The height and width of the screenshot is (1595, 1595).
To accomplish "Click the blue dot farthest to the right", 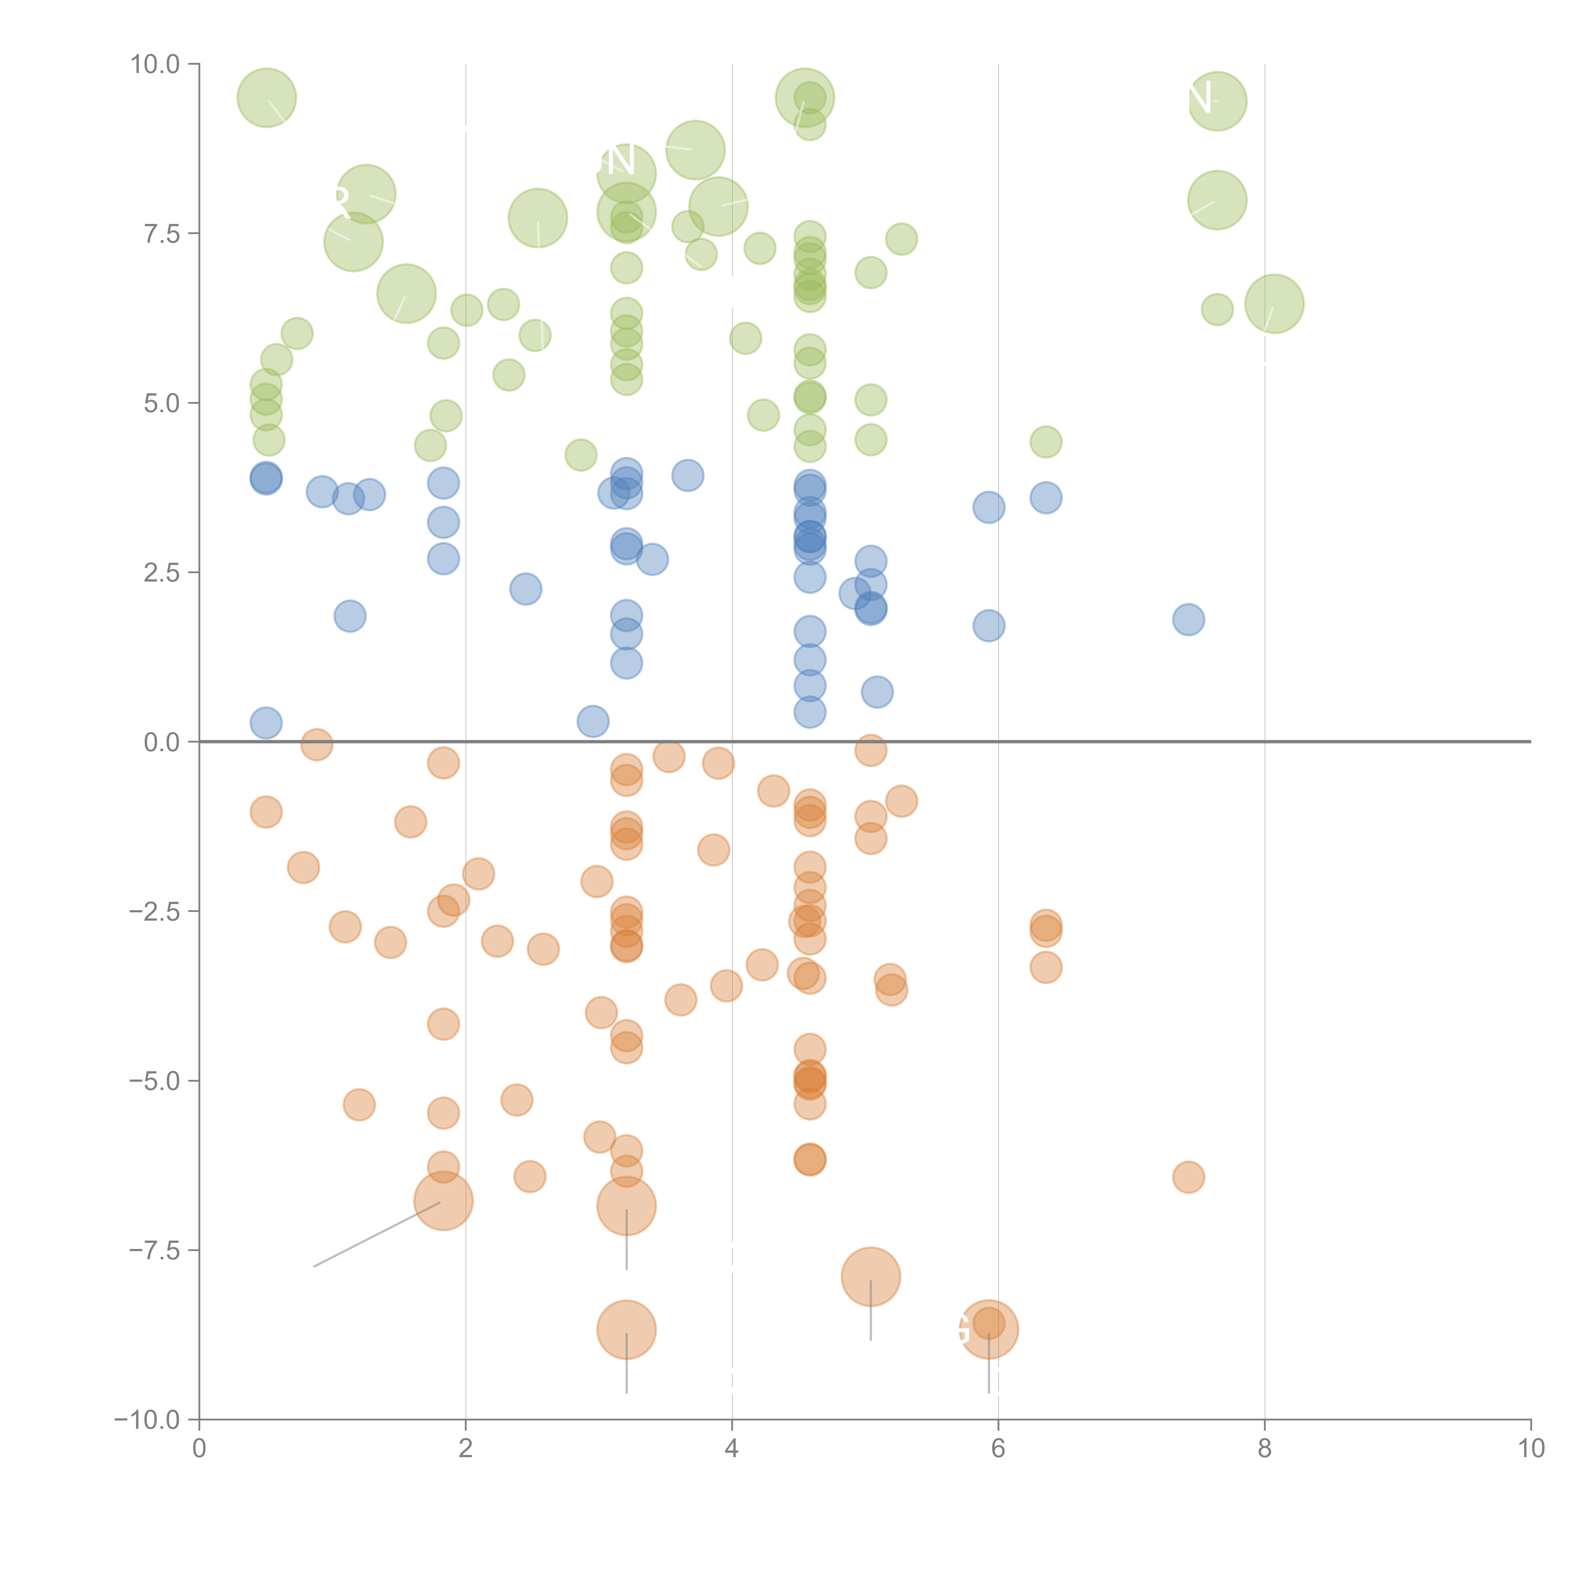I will coord(1188,619).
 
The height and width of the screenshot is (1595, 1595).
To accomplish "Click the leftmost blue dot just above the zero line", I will coord(266,723).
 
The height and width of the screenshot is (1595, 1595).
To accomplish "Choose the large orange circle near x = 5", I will coord(870,1276).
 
